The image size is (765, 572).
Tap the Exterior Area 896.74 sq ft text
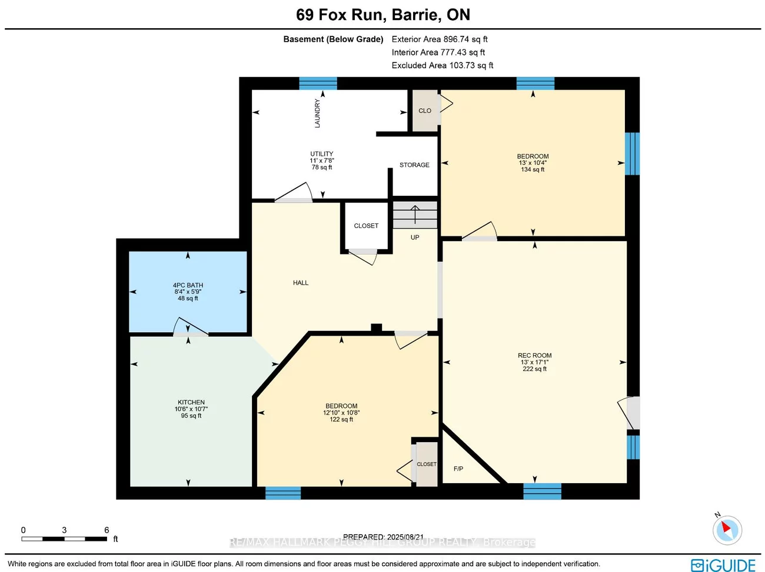tap(440, 39)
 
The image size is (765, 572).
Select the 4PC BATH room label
tap(188, 285)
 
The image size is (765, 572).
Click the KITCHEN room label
tap(191, 403)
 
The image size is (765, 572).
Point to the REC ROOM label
tap(534, 356)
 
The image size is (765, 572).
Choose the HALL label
tap(301, 283)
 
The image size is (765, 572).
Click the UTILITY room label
tap(322, 154)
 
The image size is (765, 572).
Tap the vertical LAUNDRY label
tap(317, 113)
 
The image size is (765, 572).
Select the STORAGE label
tap(414, 165)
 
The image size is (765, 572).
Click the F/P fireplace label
tap(458, 469)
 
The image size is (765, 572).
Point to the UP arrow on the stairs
tap(415, 215)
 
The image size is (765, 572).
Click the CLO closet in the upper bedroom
tap(425, 111)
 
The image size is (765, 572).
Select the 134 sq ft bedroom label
tap(533, 169)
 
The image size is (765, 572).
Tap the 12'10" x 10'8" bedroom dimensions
tap(341, 413)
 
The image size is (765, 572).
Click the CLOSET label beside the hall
tap(366, 226)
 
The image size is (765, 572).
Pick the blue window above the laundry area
tap(318, 83)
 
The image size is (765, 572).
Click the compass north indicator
tap(727, 529)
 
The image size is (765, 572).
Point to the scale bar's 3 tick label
tap(64, 530)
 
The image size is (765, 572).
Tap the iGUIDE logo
tap(723, 565)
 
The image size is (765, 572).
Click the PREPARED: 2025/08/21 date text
tap(383, 537)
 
